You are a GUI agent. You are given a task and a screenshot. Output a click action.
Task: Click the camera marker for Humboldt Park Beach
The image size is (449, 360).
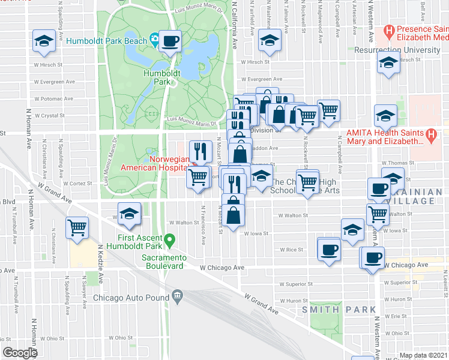click(155, 40)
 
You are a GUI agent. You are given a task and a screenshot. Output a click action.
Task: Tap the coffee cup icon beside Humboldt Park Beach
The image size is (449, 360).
click(170, 41)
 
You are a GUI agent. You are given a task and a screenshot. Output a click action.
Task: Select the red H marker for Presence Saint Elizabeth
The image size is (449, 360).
click(390, 29)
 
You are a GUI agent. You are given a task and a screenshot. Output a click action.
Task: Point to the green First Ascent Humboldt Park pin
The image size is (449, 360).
click(170, 241)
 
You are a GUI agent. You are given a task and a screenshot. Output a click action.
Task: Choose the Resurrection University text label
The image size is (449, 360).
click(397, 50)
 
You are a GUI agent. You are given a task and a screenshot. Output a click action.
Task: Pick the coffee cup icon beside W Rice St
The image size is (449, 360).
click(328, 249)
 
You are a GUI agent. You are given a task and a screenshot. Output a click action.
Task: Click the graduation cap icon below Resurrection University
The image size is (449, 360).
click(389, 62)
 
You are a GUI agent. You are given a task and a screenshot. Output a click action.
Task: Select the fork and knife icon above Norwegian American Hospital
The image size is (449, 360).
click(200, 151)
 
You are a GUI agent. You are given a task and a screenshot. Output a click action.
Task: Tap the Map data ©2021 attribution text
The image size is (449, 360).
click(423, 355)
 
